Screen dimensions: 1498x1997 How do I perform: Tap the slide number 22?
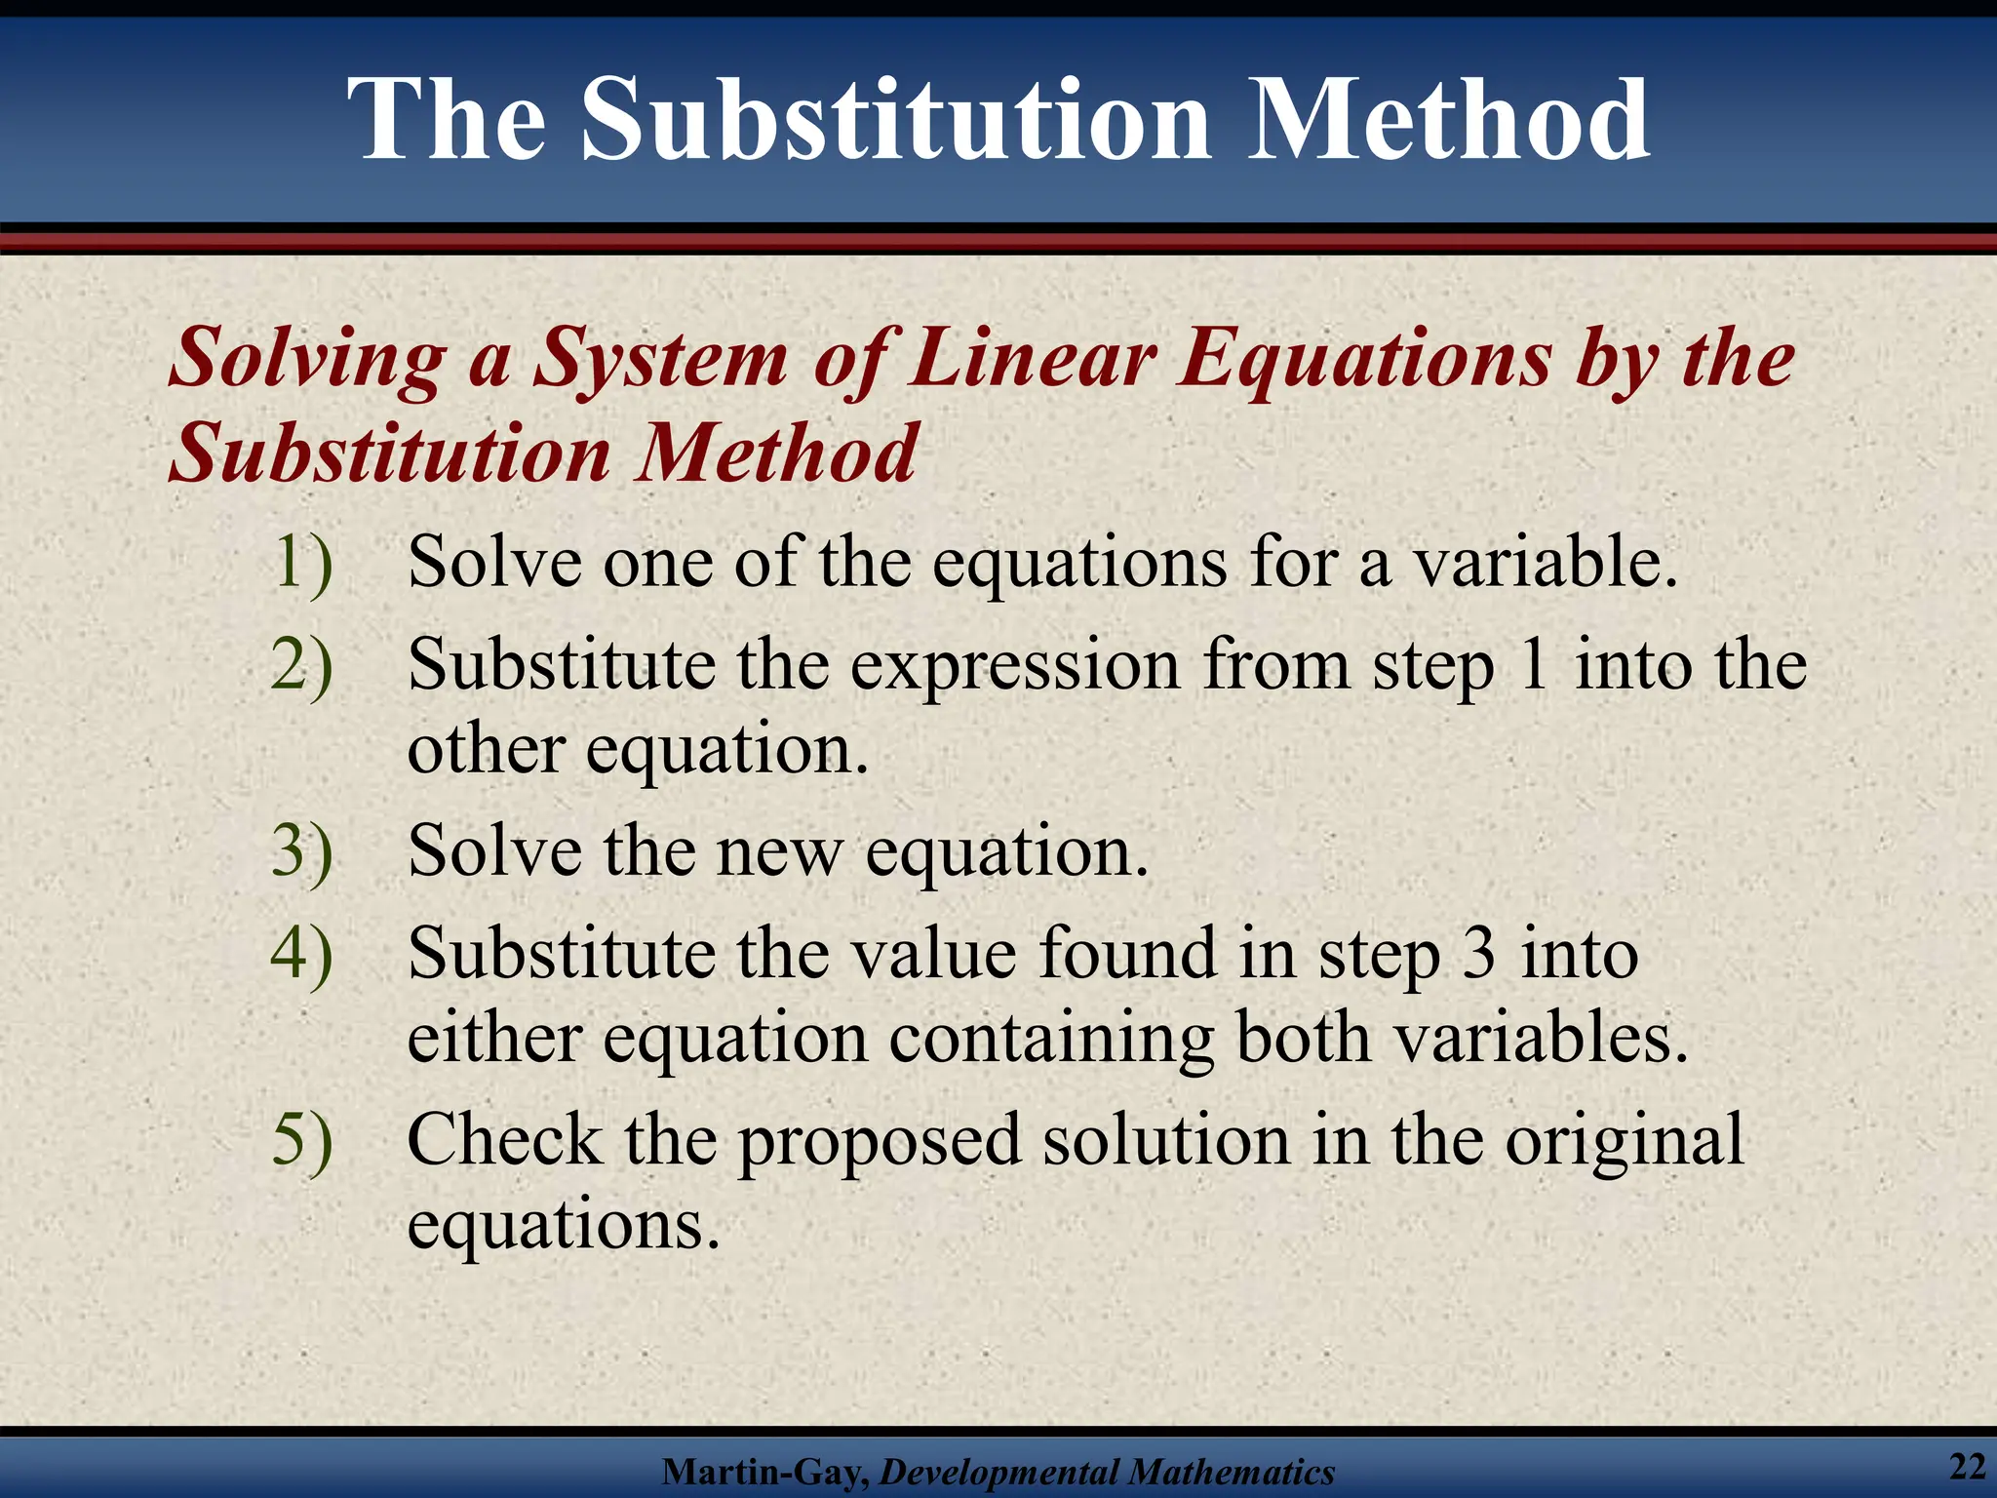click(x=1968, y=1466)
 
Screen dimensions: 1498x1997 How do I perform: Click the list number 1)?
click(x=302, y=563)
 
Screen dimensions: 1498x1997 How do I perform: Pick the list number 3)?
click(x=302, y=851)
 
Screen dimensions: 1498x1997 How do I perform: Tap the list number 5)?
click(x=302, y=1140)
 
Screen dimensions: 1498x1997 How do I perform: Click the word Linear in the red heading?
click(x=1031, y=357)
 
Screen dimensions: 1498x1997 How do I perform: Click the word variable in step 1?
click(x=1544, y=563)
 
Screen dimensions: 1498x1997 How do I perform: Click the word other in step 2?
click(x=486, y=750)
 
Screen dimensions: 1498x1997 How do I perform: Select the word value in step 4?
click(x=934, y=953)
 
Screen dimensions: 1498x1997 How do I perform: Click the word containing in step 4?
click(x=1051, y=1040)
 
